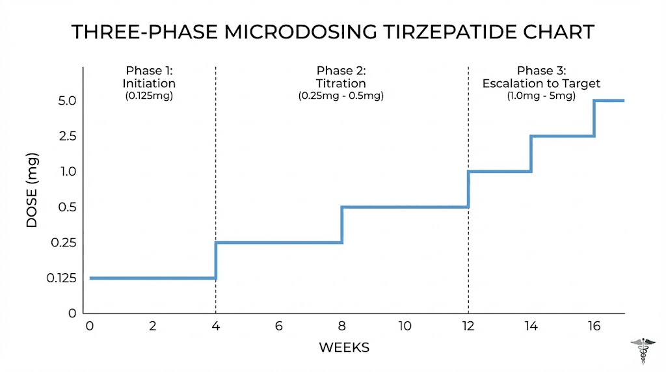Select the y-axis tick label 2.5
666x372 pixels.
67,136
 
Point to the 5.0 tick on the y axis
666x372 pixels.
67,101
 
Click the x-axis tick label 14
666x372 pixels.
531,326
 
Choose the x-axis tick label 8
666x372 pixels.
342,326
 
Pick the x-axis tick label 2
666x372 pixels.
152,326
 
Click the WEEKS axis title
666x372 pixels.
344,348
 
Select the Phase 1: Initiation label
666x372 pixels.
149,77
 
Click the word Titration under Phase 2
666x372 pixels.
341,83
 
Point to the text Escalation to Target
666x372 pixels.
541,83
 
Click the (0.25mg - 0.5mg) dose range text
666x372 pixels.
341,96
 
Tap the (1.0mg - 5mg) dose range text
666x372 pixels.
541,96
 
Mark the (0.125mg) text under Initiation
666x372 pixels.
149,96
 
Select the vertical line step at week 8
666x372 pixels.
342,225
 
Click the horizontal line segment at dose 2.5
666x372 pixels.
563,136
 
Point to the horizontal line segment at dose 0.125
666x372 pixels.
152,278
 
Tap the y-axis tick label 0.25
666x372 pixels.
64,243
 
